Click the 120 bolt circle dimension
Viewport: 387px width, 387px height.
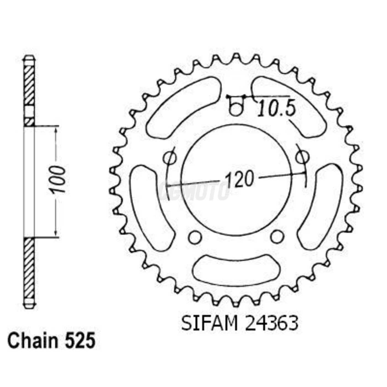pos(239,179)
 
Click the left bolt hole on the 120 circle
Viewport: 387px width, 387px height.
pos(170,158)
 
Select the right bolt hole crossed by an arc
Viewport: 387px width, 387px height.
pos(302,158)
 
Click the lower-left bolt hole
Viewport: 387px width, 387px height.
pos(195,237)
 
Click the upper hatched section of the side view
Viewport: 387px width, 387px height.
pos(29,86)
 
